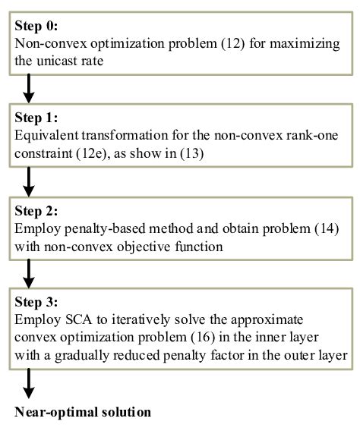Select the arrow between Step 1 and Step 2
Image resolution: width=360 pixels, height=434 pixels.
[x=29, y=182]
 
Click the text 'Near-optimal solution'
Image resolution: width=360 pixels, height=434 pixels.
[x=83, y=412]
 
